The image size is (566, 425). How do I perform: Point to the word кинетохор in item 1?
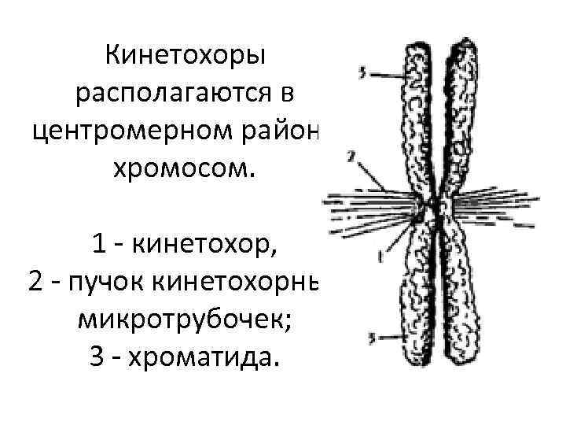tap(206, 246)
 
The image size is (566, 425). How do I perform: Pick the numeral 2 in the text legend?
tap(39, 284)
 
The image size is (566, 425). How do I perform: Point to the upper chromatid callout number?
tap(361, 73)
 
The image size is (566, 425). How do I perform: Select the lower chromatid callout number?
tap(374, 338)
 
